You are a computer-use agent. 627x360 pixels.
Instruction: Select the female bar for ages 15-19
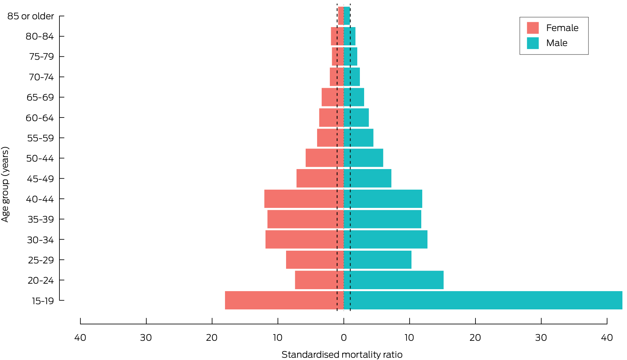(x=284, y=300)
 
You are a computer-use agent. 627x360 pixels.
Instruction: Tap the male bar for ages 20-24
(x=394, y=280)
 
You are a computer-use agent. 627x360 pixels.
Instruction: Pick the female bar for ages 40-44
(x=304, y=199)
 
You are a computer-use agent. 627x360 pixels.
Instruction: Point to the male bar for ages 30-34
(x=385, y=240)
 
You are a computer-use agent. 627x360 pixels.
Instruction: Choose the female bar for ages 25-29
(x=315, y=260)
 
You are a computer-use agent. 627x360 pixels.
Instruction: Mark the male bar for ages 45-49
(x=367, y=179)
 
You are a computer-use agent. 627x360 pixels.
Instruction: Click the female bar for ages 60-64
(x=331, y=117)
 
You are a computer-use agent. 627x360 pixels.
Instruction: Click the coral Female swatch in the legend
(x=533, y=28)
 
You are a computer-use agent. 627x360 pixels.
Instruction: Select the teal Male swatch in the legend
(x=533, y=43)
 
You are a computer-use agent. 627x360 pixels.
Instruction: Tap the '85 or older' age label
(x=31, y=16)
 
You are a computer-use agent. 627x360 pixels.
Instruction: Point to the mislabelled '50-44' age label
(x=40, y=158)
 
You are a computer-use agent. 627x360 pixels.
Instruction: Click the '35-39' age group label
(x=40, y=219)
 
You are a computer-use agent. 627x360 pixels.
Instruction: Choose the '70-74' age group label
(x=41, y=77)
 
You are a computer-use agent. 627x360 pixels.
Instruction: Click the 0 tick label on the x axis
(x=344, y=337)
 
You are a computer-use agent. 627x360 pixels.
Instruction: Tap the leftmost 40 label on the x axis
(x=80, y=337)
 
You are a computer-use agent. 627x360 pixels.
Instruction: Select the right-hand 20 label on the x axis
(x=475, y=337)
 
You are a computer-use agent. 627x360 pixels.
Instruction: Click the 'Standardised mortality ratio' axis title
(x=342, y=354)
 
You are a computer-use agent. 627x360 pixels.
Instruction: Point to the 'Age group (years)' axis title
(x=5, y=184)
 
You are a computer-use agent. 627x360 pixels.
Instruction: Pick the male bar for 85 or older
(x=347, y=16)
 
